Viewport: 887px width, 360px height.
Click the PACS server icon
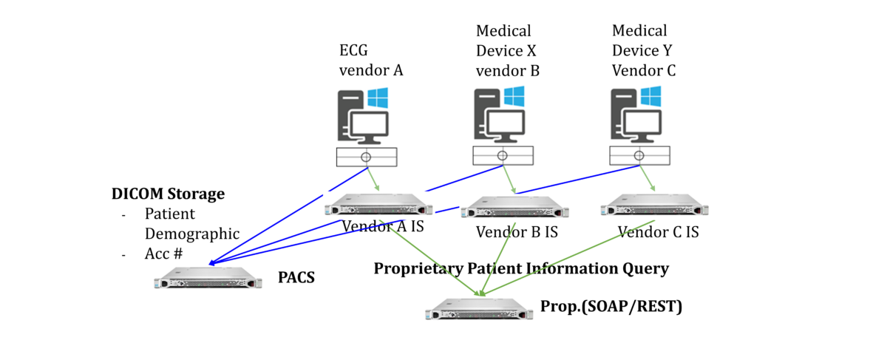[x=209, y=282]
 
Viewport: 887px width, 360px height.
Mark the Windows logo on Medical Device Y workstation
[x=651, y=97]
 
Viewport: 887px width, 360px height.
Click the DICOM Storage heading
[x=168, y=194]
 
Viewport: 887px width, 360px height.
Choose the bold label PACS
[x=296, y=278]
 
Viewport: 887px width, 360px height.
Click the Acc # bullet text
[x=163, y=254]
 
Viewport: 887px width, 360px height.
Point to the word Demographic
[x=191, y=234]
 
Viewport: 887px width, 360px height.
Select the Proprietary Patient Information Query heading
[x=521, y=268]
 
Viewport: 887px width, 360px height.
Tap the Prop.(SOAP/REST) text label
[x=611, y=306]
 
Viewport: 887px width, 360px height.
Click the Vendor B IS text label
[x=517, y=231]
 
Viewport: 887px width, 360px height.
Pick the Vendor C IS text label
[x=658, y=231]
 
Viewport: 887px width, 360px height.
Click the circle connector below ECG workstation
[x=367, y=157]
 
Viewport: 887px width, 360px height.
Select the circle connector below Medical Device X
[x=503, y=155]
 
